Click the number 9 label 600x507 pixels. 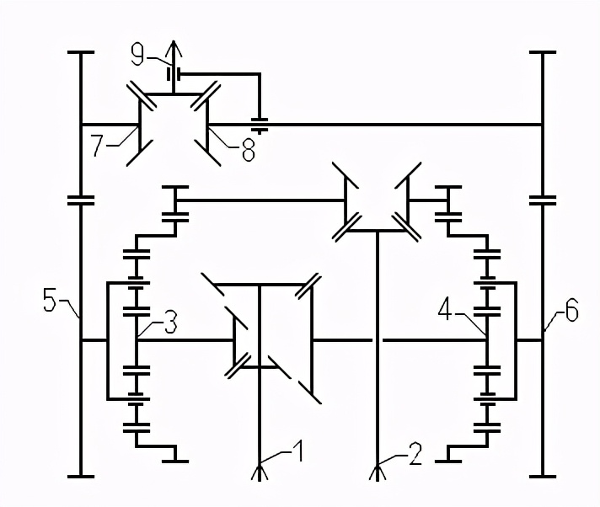[138, 56]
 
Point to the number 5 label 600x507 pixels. [51, 298]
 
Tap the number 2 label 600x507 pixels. [415, 457]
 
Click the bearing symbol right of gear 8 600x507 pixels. [261, 125]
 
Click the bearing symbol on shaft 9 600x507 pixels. [174, 74]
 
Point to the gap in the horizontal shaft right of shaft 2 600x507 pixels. [377, 339]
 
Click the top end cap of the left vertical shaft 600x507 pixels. [80, 52]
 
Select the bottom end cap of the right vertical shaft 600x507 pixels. [543, 476]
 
